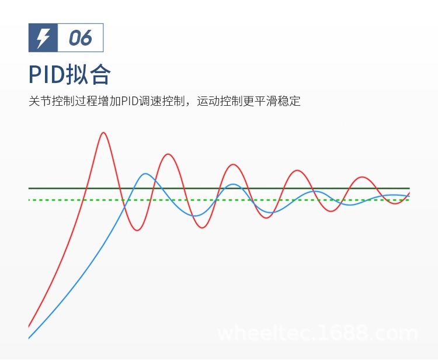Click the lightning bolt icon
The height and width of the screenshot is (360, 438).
point(43,38)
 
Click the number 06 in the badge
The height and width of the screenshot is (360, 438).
point(81,38)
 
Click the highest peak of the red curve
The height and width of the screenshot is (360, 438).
point(103,133)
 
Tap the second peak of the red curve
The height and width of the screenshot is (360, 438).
point(168,154)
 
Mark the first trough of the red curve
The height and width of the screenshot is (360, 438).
point(137,230)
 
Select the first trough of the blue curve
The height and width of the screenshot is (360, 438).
point(197,216)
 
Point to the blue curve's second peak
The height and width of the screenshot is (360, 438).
point(233,185)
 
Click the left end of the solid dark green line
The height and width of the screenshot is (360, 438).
point(30,188)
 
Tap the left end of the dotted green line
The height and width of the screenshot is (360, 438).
point(30,200)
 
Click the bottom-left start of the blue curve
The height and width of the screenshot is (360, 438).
point(29,338)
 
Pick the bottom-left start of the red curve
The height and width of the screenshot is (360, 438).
point(29,326)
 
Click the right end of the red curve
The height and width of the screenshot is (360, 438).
point(409,193)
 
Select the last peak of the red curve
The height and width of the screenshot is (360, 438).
point(363,176)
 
